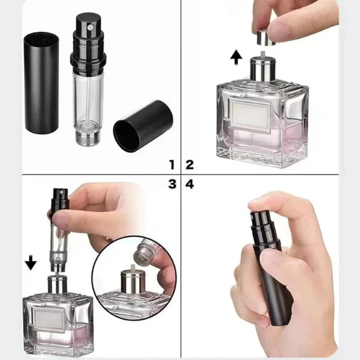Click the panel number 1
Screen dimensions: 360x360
(171, 164)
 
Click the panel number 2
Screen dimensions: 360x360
(189, 164)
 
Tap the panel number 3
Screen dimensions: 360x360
(171, 184)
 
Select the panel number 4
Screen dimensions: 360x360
(189, 184)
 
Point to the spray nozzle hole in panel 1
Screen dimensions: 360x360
(89, 28)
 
